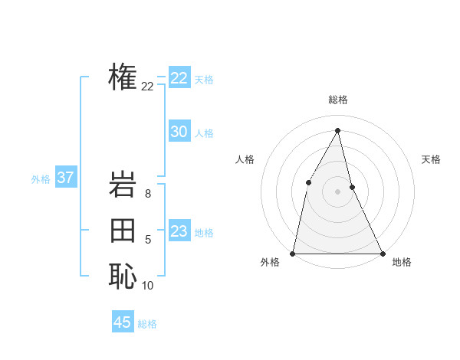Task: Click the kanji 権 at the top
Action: coord(123,77)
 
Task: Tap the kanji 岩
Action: coord(123,186)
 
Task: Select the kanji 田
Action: coord(123,231)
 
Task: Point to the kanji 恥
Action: coord(123,276)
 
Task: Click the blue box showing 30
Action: coord(179,132)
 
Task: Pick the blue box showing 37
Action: coord(65,178)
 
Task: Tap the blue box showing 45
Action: coord(123,322)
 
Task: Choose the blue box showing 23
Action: coord(179,231)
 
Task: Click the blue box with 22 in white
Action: coord(179,78)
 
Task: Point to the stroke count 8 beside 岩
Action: coord(148,195)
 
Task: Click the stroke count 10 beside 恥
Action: coord(148,286)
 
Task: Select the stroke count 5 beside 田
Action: coord(148,241)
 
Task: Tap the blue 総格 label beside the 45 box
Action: coord(147,324)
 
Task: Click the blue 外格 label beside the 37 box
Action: coord(41,179)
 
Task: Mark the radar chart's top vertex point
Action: coord(337,130)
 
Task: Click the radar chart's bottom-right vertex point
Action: coord(382,253)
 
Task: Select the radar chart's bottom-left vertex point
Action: coord(293,253)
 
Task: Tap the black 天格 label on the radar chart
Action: coord(431,159)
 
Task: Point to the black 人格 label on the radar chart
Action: coord(245,159)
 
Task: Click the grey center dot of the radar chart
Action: coord(337,191)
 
